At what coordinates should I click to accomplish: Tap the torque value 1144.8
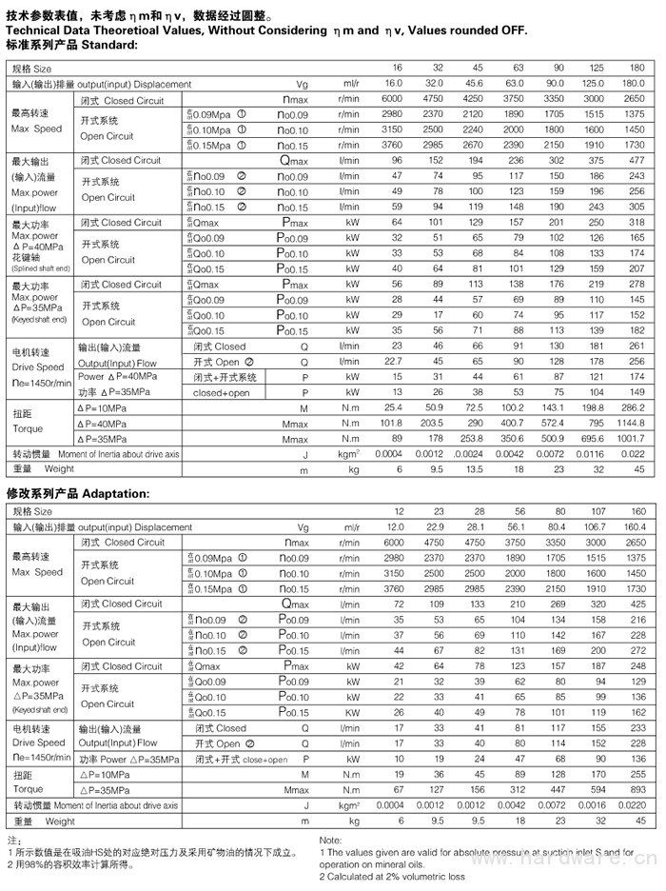pyautogui.click(x=630, y=423)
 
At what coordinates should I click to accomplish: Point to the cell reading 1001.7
pyautogui.click(x=630, y=439)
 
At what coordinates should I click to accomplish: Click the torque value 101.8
pyautogui.click(x=392, y=423)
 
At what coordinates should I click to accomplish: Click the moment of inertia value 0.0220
pyautogui.click(x=631, y=805)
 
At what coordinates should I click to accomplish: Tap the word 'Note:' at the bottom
pyautogui.click(x=331, y=841)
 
